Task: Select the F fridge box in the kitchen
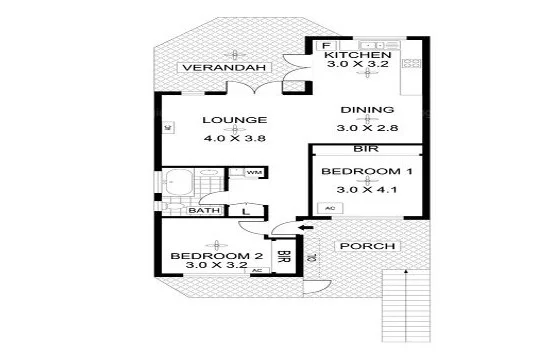[325, 46]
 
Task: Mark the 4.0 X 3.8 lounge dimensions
[235, 139]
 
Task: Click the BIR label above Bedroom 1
[364, 150]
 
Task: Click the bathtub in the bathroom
[181, 183]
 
